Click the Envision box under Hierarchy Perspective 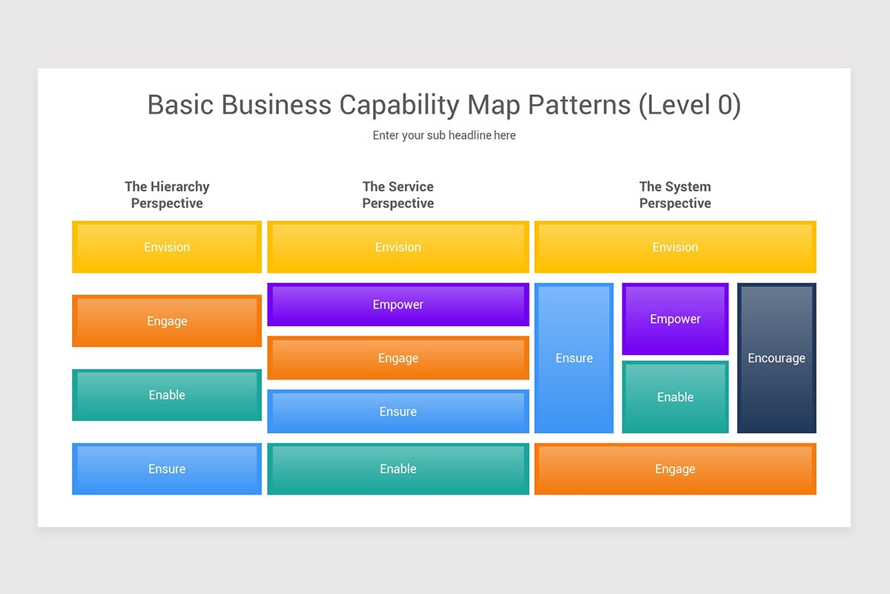(x=167, y=247)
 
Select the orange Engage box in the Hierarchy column (x=167, y=321)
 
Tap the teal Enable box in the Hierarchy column (x=167, y=395)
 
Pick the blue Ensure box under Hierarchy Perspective (x=167, y=469)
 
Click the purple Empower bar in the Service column (x=398, y=304)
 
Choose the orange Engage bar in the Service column (x=398, y=358)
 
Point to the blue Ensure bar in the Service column (x=398, y=411)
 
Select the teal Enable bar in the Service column (x=398, y=469)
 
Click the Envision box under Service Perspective (x=398, y=247)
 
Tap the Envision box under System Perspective (x=675, y=247)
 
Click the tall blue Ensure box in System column (x=574, y=358)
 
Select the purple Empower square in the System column (x=675, y=319)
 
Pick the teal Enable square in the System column (x=675, y=397)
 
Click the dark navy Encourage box (x=777, y=358)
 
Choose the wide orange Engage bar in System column (x=675, y=469)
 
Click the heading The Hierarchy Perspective (x=167, y=195)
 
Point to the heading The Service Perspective (x=398, y=195)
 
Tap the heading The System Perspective (x=675, y=195)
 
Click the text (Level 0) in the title (x=690, y=105)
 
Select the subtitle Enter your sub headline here (x=444, y=135)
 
